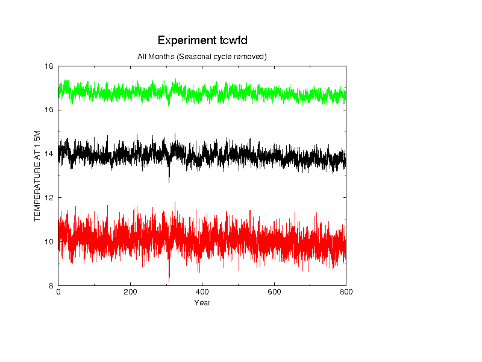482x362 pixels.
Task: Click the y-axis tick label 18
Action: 49,66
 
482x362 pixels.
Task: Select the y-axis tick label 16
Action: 49,110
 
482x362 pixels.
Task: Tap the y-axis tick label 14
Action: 49,154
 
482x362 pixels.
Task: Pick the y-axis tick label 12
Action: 49,198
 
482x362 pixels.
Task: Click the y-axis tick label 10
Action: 49,242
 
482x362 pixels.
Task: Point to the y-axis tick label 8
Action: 51,285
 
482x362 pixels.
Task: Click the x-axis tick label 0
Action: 58,292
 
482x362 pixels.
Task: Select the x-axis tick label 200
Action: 130,292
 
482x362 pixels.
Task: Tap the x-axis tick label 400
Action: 202,292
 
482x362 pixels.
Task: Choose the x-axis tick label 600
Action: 274,292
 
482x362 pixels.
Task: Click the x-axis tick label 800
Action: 346,292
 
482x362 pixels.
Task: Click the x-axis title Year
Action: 202,303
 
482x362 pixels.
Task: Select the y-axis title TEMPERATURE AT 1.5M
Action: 37,176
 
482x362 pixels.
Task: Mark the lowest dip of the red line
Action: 169,282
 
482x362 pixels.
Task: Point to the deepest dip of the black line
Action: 169,183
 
